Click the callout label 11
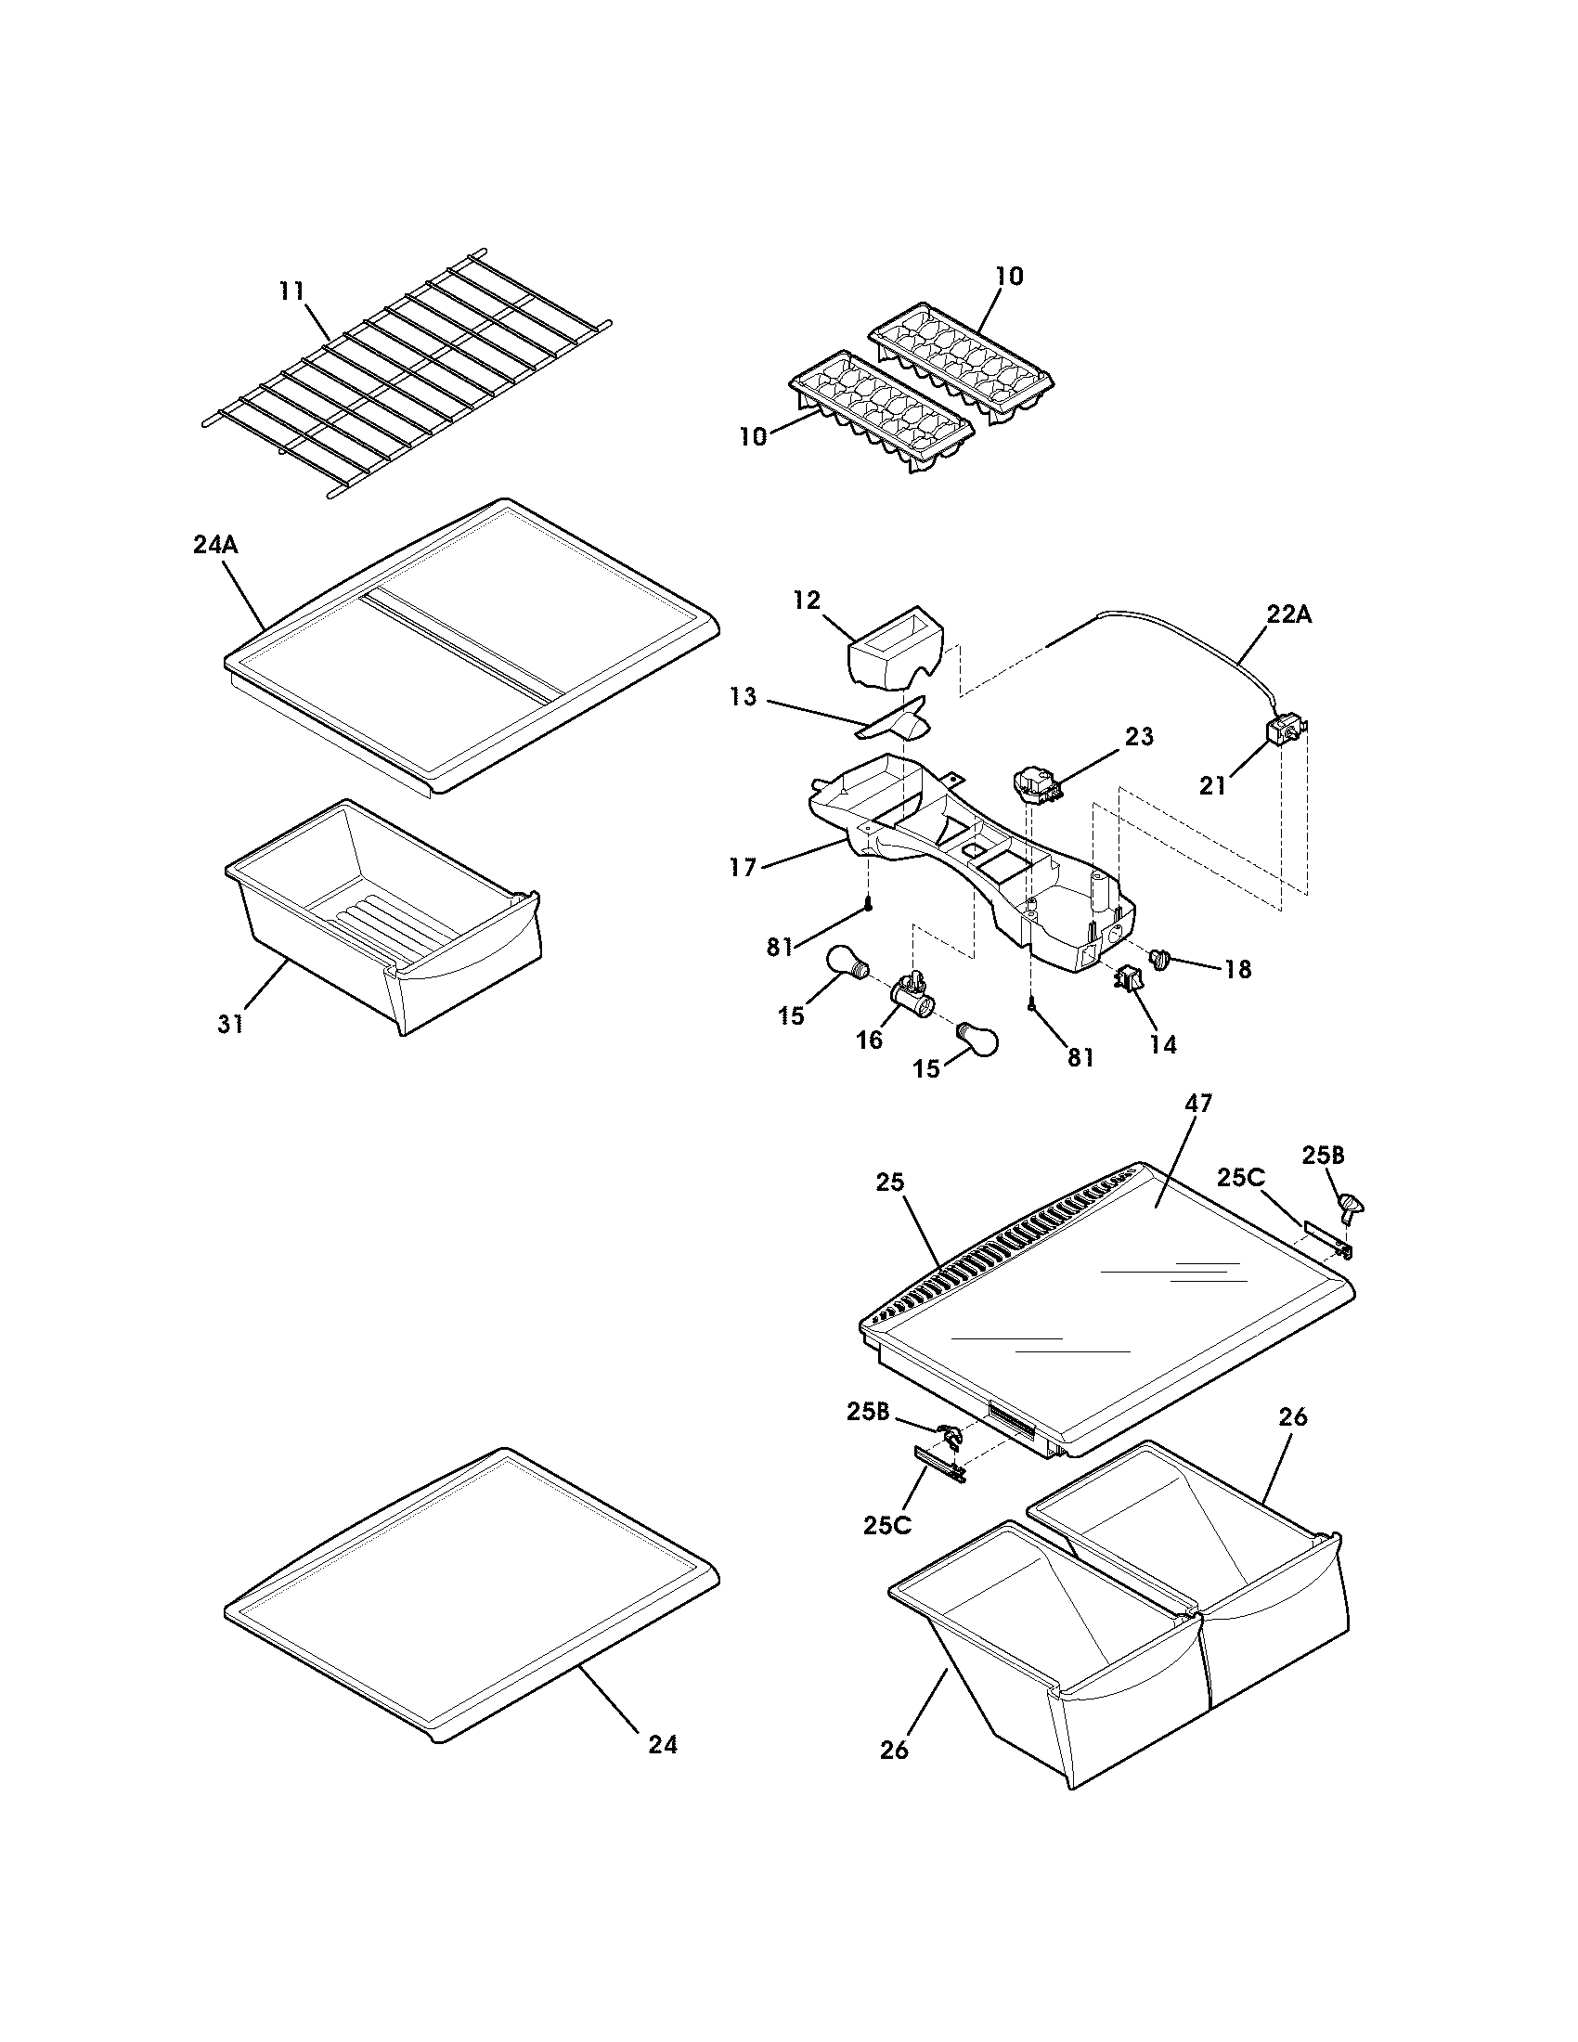291,291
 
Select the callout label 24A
215,544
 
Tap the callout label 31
231,1024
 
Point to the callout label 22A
1288,614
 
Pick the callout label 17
744,868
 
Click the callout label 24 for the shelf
662,1744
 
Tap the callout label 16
870,1040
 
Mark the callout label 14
1163,1044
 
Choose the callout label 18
1237,969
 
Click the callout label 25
890,1182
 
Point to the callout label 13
744,697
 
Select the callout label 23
1139,736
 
